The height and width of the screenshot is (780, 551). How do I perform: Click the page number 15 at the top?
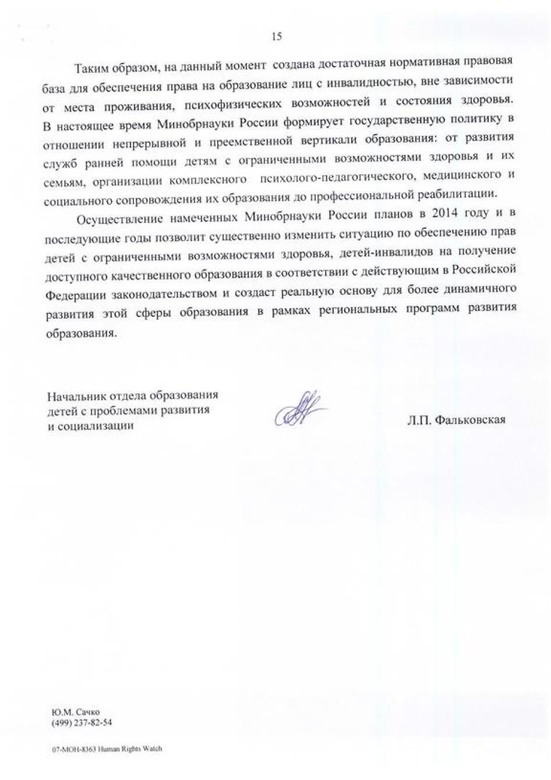tap(276, 37)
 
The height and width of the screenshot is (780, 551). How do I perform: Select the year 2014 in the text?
tap(446, 214)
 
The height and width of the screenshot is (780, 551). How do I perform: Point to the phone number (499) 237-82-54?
tap(82, 722)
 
